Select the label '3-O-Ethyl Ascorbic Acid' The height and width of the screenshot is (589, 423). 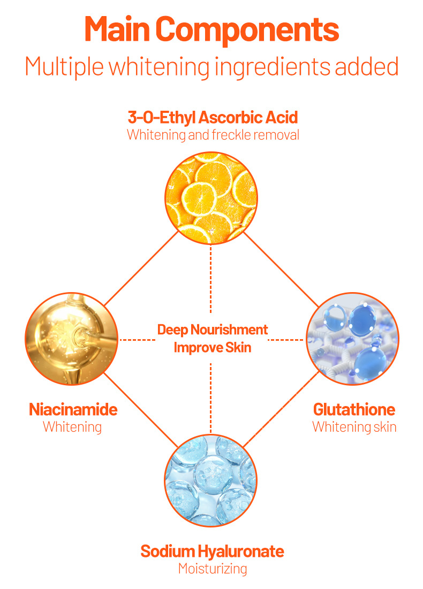[213, 117]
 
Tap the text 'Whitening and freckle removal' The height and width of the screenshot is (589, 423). [213, 134]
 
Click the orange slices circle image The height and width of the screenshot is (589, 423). [211, 198]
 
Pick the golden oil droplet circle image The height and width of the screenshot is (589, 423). [71, 339]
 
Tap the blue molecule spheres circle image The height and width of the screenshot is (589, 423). [352, 339]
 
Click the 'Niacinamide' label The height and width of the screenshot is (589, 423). [73, 410]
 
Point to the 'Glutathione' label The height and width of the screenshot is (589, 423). [354, 410]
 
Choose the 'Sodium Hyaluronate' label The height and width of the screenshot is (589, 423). [212, 551]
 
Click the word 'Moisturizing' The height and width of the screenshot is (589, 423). [213, 568]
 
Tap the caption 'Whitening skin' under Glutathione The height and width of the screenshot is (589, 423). [354, 427]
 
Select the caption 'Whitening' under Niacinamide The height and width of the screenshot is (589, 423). [72, 427]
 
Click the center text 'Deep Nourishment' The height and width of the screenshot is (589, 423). [213, 330]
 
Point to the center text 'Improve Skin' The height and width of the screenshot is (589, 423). [213, 347]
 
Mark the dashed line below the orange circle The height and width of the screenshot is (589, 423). [211, 278]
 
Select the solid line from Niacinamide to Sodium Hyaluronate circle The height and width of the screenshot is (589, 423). [140, 409]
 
